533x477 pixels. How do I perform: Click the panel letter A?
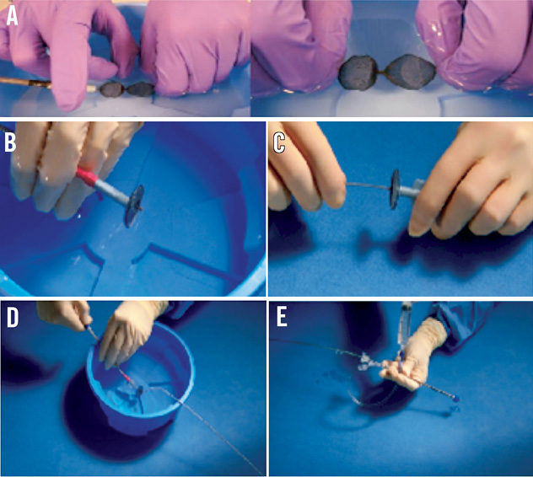[x=12, y=16]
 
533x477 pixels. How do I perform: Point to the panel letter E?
[x=282, y=318]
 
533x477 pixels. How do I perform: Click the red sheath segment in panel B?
[x=88, y=177]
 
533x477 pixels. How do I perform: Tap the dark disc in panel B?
[x=134, y=206]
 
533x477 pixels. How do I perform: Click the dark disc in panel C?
[x=395, y=190]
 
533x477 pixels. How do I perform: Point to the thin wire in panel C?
[x=367, y=185]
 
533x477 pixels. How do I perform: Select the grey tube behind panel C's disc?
[x=412, y=191]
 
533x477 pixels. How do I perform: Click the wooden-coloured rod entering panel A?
[x=24, y=83]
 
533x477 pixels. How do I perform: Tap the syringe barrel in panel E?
[x=404, y=322]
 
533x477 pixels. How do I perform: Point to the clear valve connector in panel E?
[x=368, y=362]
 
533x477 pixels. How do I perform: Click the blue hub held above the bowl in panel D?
[x=89, y=328]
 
